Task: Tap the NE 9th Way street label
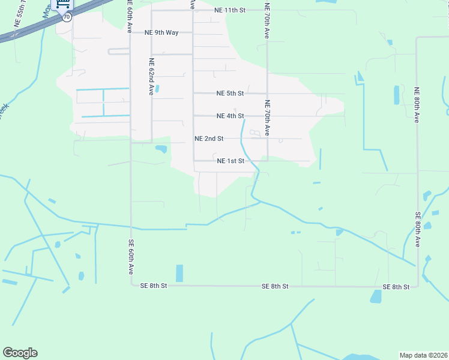(x=161, y=32)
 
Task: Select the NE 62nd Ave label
(x=152, y=77)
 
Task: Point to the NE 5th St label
(x=231, y=94)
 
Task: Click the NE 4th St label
(x=231, y=116)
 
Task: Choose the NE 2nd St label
(x=209, y=139)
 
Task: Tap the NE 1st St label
(x=231, y=161)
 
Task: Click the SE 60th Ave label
(x=130, y=257)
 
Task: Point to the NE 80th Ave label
(x=416, y=105)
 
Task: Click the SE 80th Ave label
(x=417, y=230)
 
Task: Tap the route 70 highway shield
(x=66, y=17)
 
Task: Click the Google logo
(x=20, y=353)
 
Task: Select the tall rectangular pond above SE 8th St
(x=179, y=273)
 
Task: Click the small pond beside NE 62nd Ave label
(x=157, y=89)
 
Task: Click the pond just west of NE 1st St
(x=161, y=149)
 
